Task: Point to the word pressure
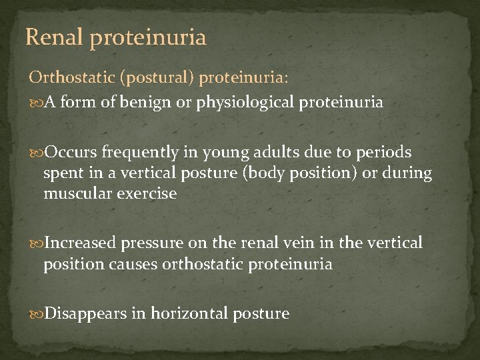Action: click(x=148, y=243)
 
